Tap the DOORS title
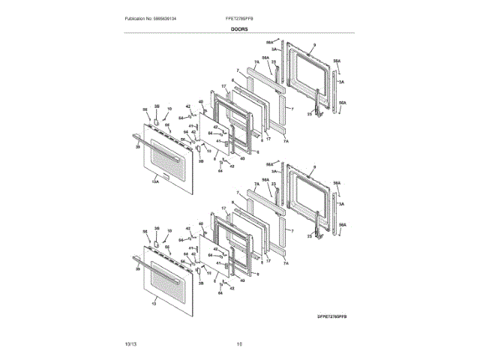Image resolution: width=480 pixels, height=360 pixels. coord(239,28)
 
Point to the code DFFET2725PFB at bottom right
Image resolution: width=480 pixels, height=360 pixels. coord(332,317)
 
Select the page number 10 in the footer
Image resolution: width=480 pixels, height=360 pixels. coord(239,343)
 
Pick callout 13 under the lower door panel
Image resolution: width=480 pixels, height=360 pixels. coord(154,304)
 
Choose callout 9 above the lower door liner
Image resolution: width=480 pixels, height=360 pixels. coord(315,166)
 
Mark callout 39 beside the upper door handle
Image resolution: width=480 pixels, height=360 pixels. coord(137,148)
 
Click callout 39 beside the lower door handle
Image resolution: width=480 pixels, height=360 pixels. coord(137,268)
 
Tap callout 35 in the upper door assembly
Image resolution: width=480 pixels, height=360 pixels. coord(157,107)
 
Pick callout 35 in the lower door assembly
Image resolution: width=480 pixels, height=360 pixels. coord(157,227)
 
